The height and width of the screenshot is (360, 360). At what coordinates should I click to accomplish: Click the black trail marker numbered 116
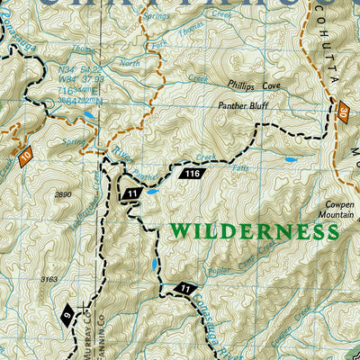[191, 173]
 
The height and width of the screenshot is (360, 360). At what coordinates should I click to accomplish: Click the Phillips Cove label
[253, 87]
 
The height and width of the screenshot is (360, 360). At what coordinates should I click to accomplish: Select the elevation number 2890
[62, 194]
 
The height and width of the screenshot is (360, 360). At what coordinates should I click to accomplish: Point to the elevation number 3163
[49, 280]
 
